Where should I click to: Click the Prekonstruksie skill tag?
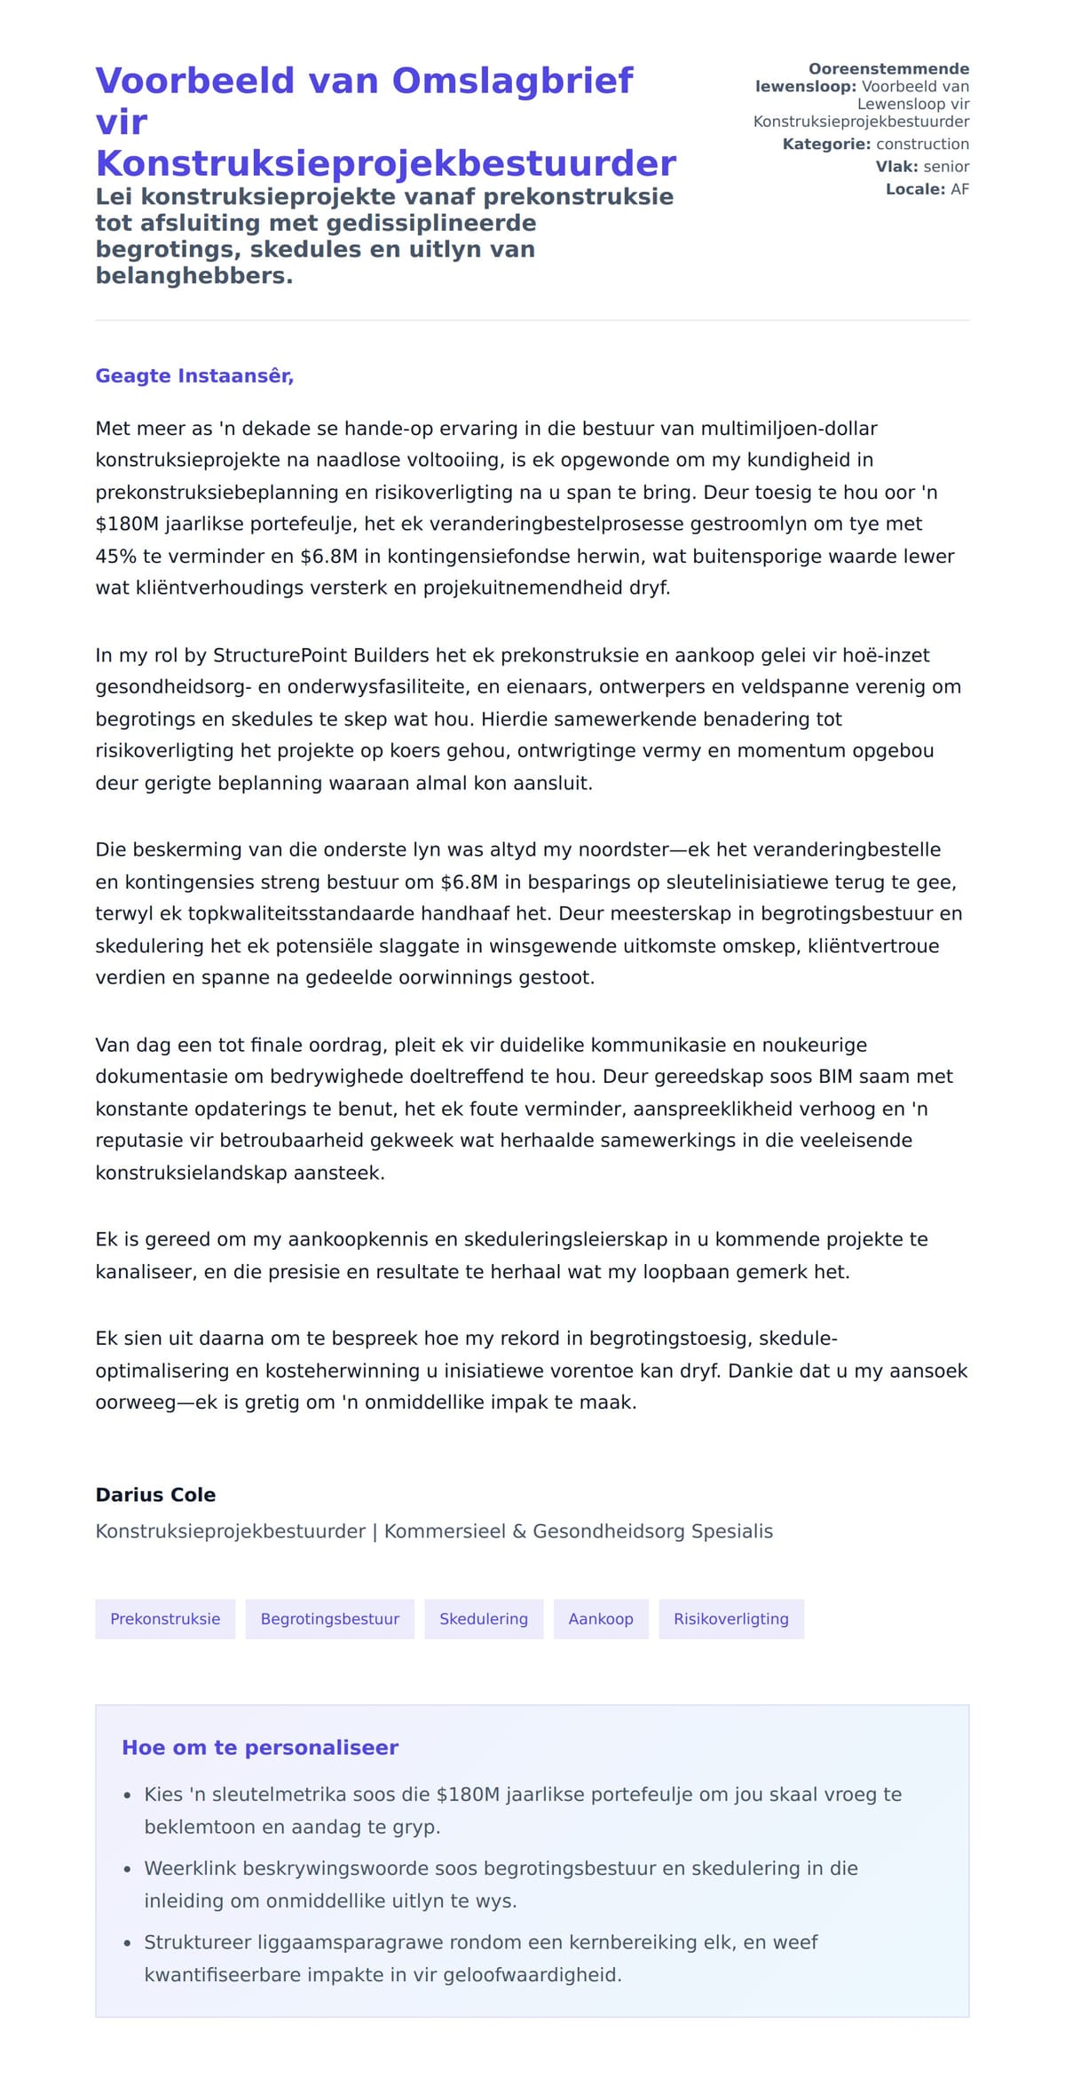165,1618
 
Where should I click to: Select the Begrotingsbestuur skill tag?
329,1618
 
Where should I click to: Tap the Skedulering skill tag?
484,1618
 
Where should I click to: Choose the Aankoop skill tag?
601,1618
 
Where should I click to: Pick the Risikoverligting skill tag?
730,1618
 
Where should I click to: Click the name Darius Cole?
155,1494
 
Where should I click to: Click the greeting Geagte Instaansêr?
194,375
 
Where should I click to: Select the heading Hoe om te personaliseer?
259,1747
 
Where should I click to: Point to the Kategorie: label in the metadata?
826,144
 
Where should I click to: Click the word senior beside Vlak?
946,166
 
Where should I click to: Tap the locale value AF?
959,189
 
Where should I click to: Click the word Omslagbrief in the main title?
512,81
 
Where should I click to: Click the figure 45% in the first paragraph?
113,556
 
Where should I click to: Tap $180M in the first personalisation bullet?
468,1794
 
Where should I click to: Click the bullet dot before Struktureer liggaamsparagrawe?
128,1943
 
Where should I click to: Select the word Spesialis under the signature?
731,1531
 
